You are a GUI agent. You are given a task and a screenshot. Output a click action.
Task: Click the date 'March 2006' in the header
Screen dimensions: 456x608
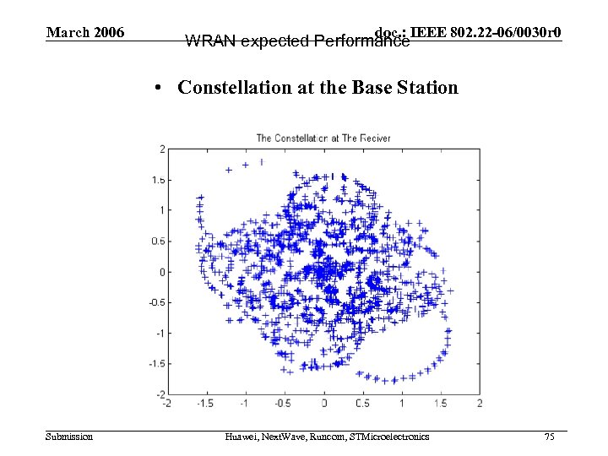[85, 33]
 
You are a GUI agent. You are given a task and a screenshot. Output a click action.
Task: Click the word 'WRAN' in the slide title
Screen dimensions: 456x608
[210, 41]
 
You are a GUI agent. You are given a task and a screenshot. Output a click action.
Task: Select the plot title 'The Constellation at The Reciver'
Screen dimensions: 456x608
[323, 138]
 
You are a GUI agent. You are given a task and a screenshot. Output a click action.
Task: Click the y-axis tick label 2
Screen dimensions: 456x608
[160, 149]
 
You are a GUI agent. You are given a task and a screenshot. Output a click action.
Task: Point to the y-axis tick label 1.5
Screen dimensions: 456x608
[158, 180]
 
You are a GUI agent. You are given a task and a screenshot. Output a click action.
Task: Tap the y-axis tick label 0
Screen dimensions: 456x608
[160, 272]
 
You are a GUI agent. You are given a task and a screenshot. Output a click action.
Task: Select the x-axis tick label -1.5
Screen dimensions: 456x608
[205, 404]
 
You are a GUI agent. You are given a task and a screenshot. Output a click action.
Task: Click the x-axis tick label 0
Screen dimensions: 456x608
[323, 404]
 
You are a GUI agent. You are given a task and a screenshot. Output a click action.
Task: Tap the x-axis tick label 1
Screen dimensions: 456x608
[402, 404]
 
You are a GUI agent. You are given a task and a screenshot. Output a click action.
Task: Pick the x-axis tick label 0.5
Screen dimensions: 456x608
[362, 404]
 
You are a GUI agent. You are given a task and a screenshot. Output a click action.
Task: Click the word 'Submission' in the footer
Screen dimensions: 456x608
[69, 437]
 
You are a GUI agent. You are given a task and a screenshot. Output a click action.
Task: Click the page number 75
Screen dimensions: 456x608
[550, 437]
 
